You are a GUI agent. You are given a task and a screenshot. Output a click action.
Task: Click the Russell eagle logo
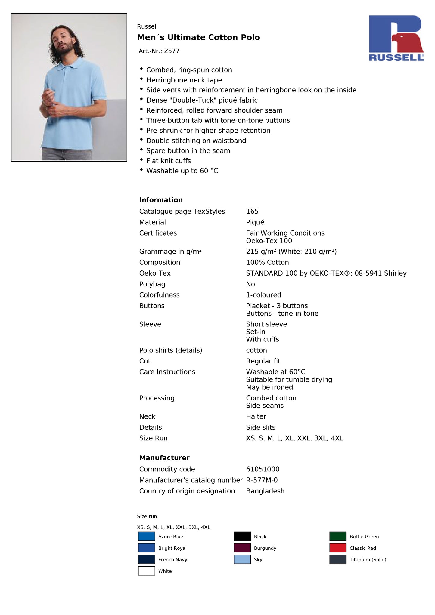point(396,38)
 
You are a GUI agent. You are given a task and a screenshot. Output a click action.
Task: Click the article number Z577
point(172,51)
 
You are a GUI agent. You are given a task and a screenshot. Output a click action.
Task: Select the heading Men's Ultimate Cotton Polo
point(198,37)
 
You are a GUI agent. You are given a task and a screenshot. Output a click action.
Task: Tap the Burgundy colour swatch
point(242,548)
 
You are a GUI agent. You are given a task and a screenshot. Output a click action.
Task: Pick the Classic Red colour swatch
point(338,548)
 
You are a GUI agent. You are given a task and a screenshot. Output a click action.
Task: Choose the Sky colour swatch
point(242,559)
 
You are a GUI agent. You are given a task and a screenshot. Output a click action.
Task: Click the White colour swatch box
point(147,571)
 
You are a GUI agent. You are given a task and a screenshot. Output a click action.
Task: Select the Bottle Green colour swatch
point(338,536)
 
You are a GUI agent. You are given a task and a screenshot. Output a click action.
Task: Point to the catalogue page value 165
point(252,212)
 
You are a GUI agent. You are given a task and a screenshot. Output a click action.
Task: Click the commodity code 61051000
point(263,469)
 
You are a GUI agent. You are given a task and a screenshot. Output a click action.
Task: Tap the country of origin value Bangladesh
point(265,491)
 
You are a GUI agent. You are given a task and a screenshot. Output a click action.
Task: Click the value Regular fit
point(263,361)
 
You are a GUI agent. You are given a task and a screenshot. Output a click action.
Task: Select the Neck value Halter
point(256,416)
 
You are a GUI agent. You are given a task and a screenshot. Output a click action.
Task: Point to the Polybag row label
point(152,284)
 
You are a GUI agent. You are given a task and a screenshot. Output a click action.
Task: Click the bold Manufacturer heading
point(164,458)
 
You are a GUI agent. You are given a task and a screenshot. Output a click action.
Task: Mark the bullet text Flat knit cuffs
point(168,161)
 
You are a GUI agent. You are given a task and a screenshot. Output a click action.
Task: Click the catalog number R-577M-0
point(262,480)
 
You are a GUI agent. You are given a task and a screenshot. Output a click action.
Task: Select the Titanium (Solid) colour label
point(368,560)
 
